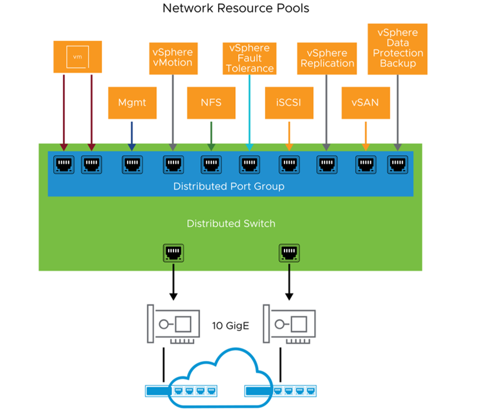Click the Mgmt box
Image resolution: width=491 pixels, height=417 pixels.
[132, 103]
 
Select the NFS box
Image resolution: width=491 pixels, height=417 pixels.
[211, 103]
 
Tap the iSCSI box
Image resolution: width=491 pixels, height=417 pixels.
[289, 103]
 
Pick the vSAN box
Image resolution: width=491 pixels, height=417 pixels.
[366, 103]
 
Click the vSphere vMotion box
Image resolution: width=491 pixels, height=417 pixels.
[173, 58]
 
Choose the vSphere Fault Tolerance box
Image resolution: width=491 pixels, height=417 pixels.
[250, 58]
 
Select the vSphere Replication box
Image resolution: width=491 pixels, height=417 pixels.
[327, 58]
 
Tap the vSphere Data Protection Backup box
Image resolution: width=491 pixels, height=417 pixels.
[397, 49]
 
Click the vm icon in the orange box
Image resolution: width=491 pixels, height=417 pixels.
[77, 57]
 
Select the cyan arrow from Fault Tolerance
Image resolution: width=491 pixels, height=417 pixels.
[250, 113]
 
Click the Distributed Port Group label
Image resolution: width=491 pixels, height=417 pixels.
[229, 186]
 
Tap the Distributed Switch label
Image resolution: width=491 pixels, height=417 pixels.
[231, 223]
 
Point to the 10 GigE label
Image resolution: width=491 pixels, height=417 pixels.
[231, 326]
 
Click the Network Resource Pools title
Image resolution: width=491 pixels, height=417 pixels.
[236, 8]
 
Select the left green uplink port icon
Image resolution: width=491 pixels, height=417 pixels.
[173, 253]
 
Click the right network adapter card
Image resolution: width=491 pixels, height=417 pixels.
[289, 324]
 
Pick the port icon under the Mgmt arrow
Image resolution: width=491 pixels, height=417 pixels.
[132, 164]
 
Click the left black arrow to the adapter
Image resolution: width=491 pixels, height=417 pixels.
[173, 282]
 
